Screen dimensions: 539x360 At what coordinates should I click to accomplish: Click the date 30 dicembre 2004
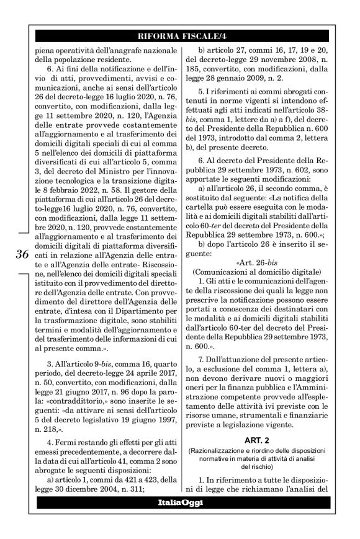coord(88,489)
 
